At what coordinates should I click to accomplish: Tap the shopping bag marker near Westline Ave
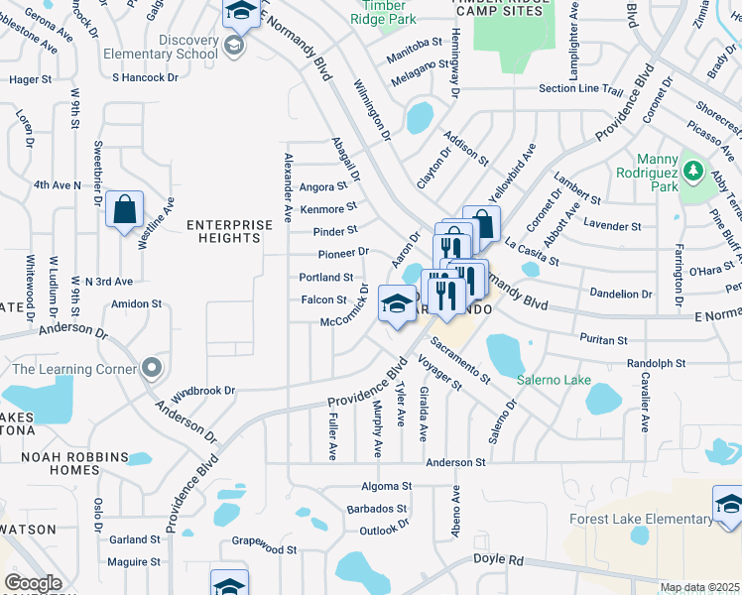124,211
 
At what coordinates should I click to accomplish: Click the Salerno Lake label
554,381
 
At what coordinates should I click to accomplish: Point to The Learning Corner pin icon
152,368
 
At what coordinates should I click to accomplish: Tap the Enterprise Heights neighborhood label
229,231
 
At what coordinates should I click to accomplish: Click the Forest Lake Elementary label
640,519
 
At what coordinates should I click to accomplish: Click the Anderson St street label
455,462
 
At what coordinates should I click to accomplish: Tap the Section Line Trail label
580,89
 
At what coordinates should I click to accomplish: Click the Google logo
33,583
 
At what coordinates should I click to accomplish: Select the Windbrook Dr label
202,391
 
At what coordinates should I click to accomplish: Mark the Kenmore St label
328,208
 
